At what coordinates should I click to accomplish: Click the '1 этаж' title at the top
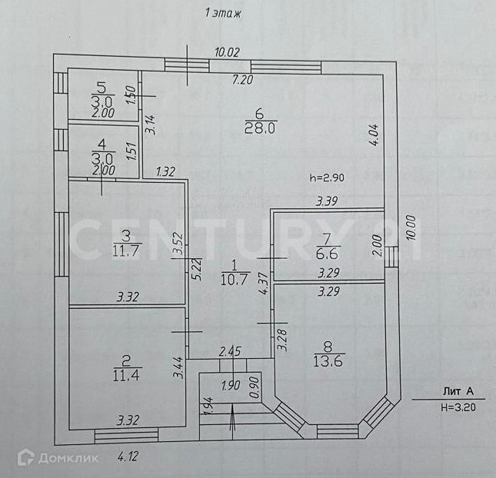221,13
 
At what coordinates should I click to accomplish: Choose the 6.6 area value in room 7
328,253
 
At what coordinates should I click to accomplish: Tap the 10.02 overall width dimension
228,52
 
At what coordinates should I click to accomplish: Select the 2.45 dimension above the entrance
230,351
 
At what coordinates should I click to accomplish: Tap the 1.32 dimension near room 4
167,171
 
